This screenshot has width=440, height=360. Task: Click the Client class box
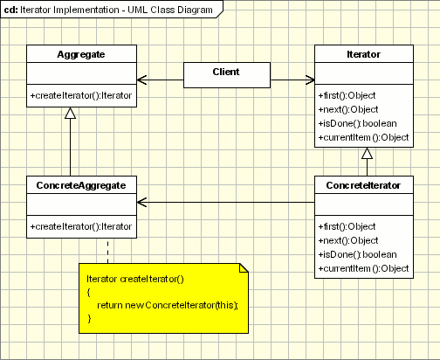(227, 75)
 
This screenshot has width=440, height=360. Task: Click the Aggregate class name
(81, 54)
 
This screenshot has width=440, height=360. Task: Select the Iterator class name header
(363, 54)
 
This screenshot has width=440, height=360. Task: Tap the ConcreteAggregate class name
(81, 185)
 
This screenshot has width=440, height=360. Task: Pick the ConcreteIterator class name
(363, 185)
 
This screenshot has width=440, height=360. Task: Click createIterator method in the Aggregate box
(81, 95)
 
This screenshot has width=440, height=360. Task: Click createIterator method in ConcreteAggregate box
(81, 226)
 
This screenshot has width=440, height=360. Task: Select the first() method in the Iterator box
(347, 95)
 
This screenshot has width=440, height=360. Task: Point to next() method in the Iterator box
(348, 109)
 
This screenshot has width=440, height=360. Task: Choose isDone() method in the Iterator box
(357, 123)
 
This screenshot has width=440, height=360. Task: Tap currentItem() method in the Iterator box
(363, 137)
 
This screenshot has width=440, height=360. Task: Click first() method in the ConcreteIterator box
(347, 226)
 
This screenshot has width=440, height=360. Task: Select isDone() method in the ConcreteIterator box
(357, 254)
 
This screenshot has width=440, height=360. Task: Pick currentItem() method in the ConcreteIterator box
(363, 268)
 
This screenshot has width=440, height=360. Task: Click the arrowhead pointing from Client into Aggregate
(141, 80)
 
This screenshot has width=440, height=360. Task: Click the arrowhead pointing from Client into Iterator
(310, 80)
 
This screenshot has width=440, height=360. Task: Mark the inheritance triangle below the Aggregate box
(70, 113)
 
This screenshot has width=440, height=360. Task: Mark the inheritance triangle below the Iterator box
(367, 153)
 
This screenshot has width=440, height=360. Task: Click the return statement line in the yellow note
(168, 305)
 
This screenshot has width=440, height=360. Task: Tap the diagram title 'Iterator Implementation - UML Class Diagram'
(116, 10)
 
